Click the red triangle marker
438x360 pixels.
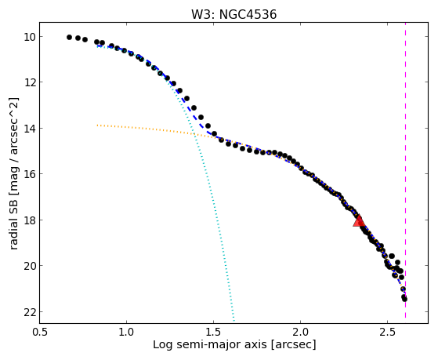coord(359,221)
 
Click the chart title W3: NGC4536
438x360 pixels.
coord(233,15)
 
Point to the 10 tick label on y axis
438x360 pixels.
coord(29,37)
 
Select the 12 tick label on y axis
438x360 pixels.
coord(29,82)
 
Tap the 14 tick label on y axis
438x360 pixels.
coord(29,129)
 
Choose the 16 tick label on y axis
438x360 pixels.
coord(29,174)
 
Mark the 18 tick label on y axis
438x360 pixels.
coord(29,220)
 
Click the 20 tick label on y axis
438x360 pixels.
coord(29,266)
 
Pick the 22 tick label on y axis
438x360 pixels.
coord(29,312)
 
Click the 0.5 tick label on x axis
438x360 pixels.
coord(40,332)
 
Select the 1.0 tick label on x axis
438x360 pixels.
coord(126,332)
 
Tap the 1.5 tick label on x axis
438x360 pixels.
coord(213,332)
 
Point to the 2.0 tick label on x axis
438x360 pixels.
coord(300,332)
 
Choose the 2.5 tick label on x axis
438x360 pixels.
coord(387,332)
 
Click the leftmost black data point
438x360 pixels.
coord(69,37)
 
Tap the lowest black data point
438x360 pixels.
coord(404,300)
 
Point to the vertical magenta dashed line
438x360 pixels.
coord(405,170)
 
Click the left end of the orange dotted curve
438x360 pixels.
coord(97,125)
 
